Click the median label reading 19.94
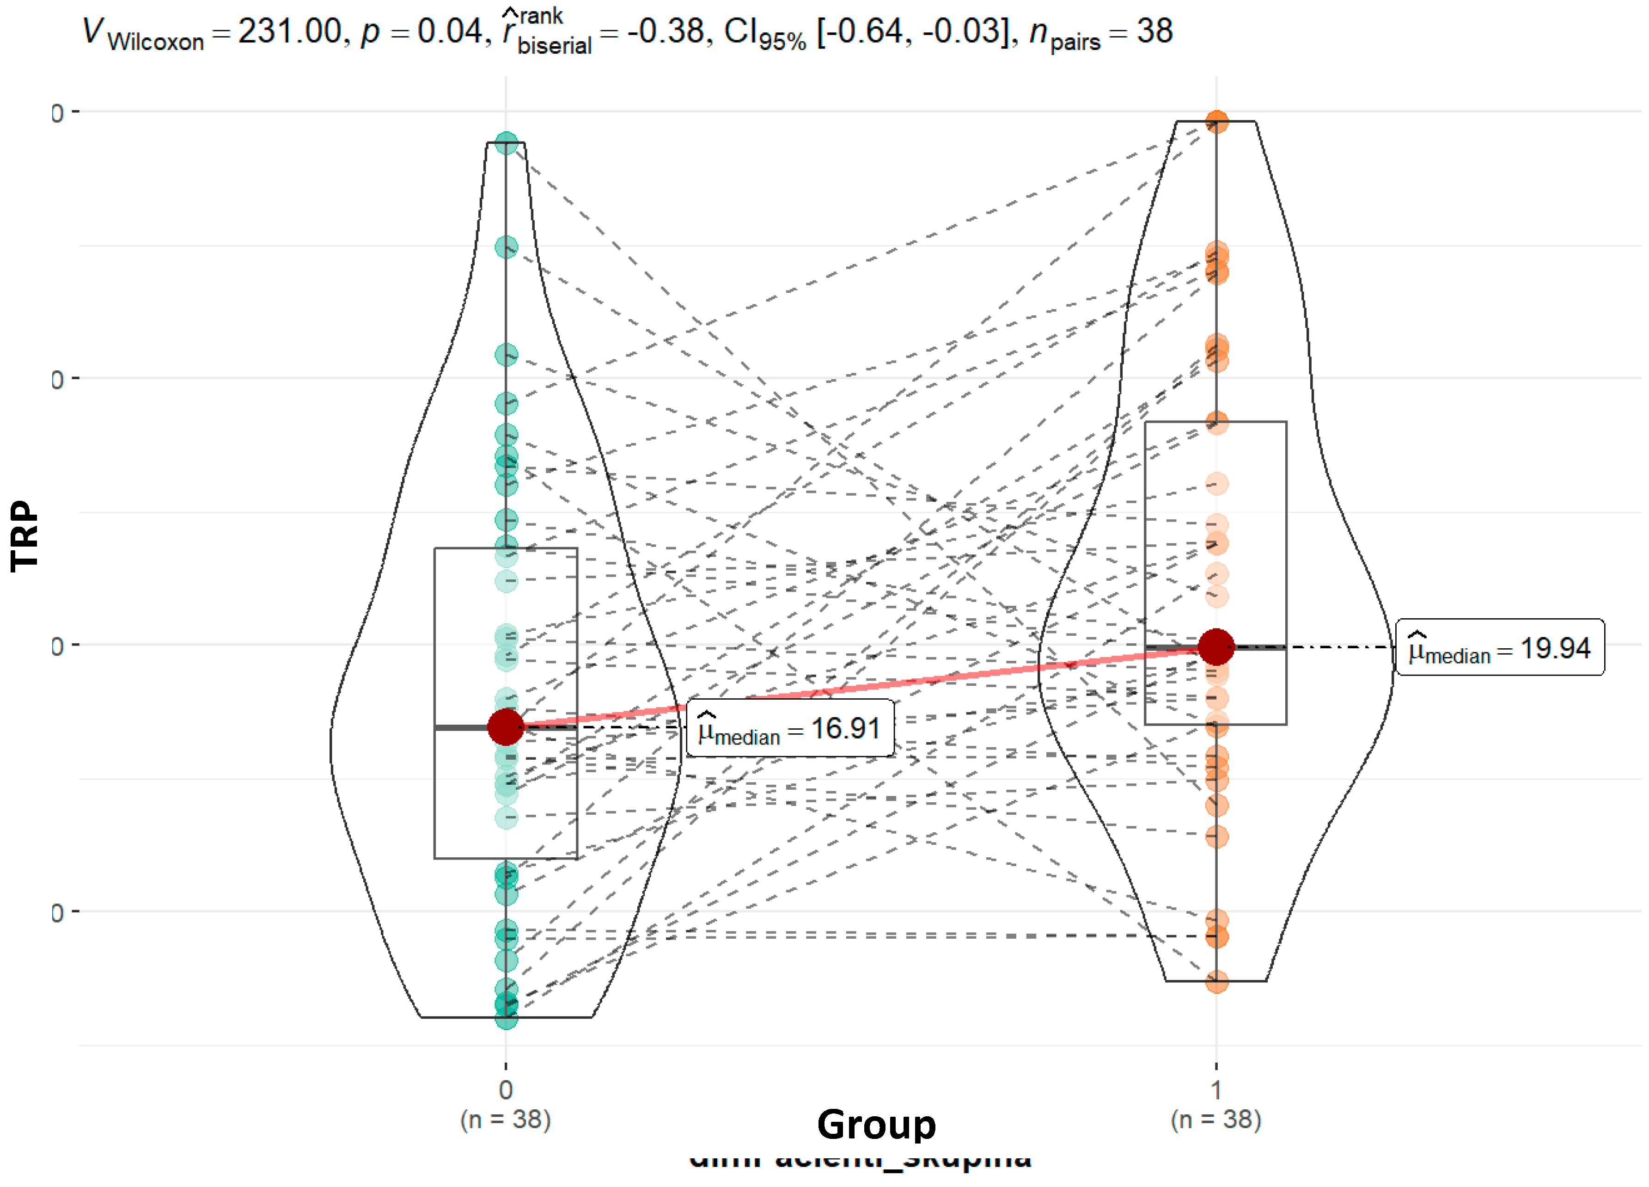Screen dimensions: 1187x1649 (x=1500, y=648)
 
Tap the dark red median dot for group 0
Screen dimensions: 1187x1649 (x=506, y=726)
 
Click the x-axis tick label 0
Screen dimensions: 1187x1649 (x=506, y=1089)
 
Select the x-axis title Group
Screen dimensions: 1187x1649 (x=876, y=1125)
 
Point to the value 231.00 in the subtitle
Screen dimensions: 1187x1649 (x=289, y=32)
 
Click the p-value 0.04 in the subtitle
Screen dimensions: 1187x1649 (x=449, y=32)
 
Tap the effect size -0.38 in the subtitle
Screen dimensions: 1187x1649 (x=665, y=32)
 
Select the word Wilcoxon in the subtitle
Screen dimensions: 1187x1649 (x=156, y=42)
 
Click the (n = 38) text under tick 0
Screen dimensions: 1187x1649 (x=506, y=1119)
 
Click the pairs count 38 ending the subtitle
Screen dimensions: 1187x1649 (x=1154, y=32)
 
